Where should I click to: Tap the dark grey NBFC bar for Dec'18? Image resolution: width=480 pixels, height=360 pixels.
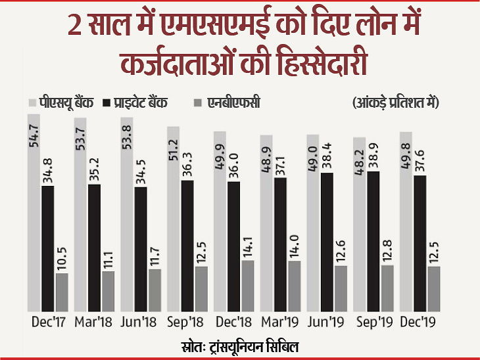248,286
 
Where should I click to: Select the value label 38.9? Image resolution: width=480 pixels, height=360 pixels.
374,156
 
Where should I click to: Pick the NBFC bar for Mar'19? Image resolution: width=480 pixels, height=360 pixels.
294,286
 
